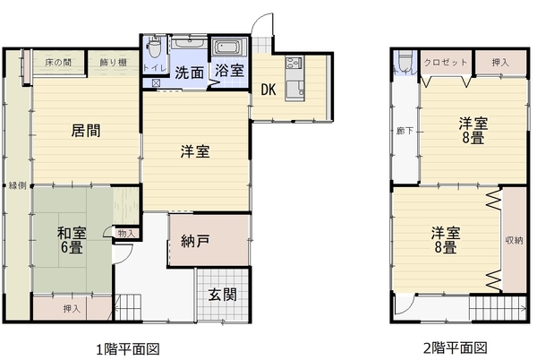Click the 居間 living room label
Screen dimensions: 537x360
point(86,131)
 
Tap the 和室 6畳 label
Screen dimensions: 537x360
point(72,240)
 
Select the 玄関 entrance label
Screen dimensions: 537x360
point(223,295)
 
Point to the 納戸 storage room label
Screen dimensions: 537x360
point(195,241)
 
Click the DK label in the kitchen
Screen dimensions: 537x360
point(268,90)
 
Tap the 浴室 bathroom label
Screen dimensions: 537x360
point(229,71)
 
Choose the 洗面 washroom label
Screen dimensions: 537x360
point(190,73)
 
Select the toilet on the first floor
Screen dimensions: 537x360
point(155,48)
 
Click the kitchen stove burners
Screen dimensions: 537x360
point(294,63)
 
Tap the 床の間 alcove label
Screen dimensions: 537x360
point(58,63)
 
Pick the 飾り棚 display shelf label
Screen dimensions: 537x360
point(114,63)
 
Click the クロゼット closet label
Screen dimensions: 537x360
point(445,63)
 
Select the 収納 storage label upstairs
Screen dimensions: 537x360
point(514,241)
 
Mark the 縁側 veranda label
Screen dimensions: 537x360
point(17,185)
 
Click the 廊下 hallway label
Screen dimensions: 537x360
point(405,131)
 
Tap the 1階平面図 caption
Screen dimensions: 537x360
point(127,349)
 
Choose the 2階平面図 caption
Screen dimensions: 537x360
point(456,348)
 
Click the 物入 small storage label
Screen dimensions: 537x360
point(126,234)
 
